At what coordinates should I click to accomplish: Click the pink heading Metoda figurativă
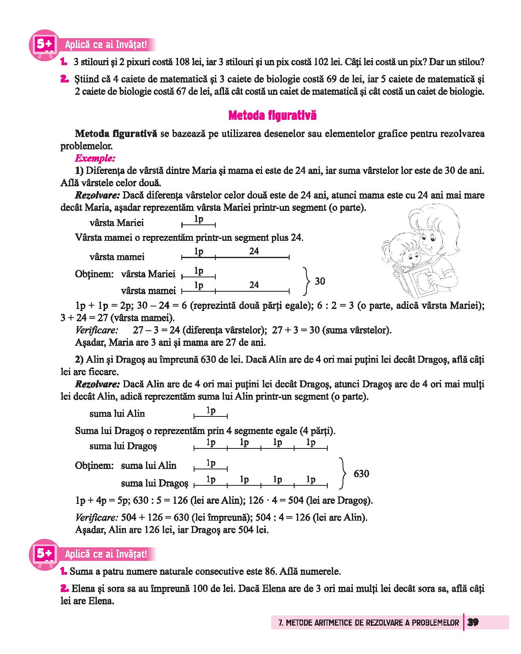point(272,116)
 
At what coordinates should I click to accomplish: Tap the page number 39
point(473,622)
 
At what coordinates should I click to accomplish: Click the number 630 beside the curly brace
point(361,474)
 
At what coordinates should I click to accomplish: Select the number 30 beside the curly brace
point(320,281)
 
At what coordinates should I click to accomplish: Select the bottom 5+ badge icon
point(43,554)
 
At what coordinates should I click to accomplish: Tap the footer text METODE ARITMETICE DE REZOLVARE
point(365,623)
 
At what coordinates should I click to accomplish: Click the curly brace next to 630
point(343,474)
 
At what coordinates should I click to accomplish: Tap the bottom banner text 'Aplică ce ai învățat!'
point(106,554)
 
